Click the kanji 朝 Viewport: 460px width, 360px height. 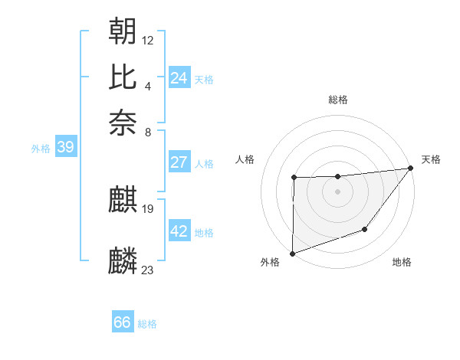(x=123, y=31)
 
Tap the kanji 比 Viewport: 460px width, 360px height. (x=123, y=77)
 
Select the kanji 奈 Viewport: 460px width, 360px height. (x=123, y=122)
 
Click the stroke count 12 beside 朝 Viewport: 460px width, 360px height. (x=148, y=40)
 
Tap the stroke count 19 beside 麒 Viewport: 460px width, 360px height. (x=148, y=208)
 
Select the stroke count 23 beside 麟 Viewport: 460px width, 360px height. (x=148, y=270)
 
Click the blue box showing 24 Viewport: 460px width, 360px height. (x=179, y=77)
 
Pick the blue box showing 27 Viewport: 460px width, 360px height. (x=179, y=162)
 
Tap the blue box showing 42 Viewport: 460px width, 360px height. (x=179, y=231)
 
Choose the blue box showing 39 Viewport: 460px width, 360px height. (x=65, y=147)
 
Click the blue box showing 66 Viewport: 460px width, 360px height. (x=123, y=322)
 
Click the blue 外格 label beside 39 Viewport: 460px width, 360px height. (x=41, y=149)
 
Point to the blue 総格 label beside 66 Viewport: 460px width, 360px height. (x=147, y=324)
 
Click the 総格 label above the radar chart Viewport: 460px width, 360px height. (x=338, y=100)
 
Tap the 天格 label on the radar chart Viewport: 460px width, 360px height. (x=431, y=159)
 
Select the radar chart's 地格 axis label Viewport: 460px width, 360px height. (x=402, y=263)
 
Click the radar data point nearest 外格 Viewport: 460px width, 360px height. (x=293, y=253)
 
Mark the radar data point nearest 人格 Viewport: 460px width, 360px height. (x=294, y=178)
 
